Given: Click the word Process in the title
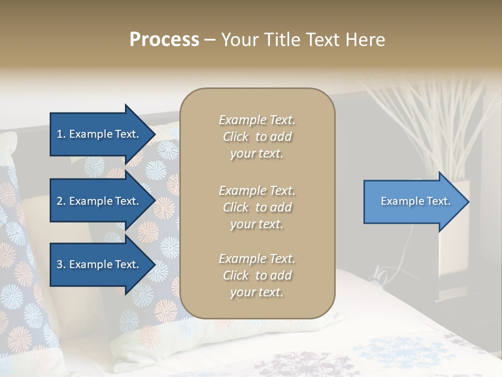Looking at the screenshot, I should tap(164, 40).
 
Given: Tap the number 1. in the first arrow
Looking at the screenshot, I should tap(61, 134).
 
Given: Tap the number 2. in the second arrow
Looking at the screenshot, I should tap(61, 201).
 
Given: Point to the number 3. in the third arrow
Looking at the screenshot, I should tap(61, 264).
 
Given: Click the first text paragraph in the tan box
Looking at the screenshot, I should tap(257, 137).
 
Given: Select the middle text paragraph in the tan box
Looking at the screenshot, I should tap(257, 207).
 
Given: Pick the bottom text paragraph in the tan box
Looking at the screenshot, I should tap(257, 275).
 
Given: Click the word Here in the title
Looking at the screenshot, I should tap(366, 40).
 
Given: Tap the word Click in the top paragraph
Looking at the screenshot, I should tap(236, 137).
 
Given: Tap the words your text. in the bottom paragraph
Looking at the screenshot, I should tap(257, 292).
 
